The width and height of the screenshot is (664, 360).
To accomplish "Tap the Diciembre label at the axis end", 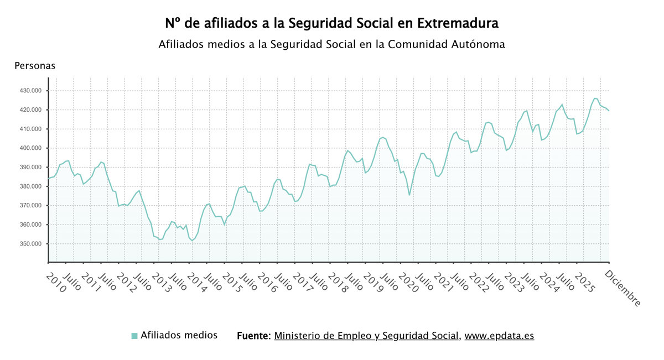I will pyautogui.click(x=623, y=288).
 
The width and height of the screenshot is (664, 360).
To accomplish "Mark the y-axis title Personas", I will pyautogui.click(x=35, y=66).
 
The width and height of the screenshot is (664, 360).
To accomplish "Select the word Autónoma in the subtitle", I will pyautogui.click(x=479, y=44).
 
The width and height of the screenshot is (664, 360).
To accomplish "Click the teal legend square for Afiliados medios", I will pyautogui.click(x=134, y=336).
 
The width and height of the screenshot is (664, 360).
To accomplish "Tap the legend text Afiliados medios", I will pyautogui.click(x=179, y=335).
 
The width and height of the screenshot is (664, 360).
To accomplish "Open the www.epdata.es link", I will pyautogui.click(x=499, y=336).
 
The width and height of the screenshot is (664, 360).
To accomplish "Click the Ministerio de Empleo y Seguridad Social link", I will pyautogui.click(x=366, y=336).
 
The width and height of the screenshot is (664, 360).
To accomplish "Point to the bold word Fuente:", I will pyautogui.click(x=253, y=336).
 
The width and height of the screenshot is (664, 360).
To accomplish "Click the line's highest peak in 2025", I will pyautogui.click(x=595, y=98).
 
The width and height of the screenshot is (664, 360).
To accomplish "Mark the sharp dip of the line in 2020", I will pyautogui.click(x=409, y=195).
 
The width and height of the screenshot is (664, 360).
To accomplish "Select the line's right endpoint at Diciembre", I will pyautogui.click(x=609, y=111).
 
